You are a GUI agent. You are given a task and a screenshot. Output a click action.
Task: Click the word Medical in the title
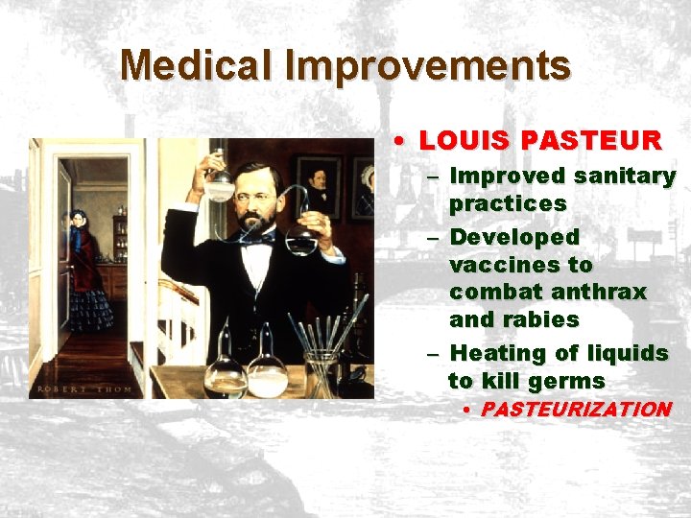coord(197,66)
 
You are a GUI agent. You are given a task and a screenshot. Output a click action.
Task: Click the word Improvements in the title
coord(427,66)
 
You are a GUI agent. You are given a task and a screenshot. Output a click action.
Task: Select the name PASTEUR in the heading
coord(592,141)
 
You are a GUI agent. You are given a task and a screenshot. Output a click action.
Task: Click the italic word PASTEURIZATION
coord(575,410)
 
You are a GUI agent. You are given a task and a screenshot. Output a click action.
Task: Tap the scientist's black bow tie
coord(257,241)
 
